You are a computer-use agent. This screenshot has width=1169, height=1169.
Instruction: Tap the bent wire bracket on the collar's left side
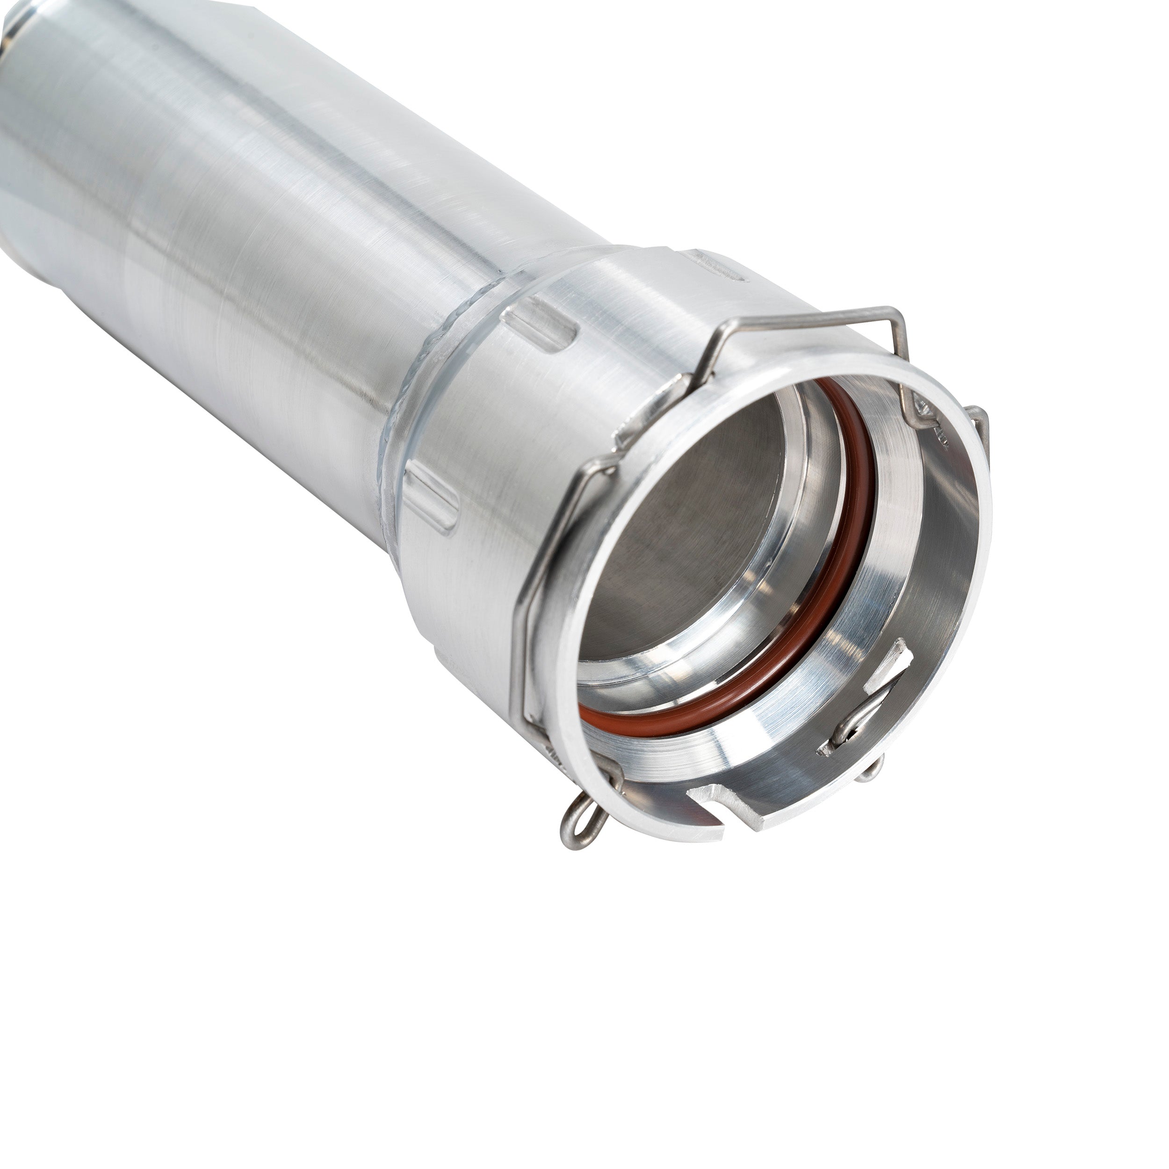pos(533,605)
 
